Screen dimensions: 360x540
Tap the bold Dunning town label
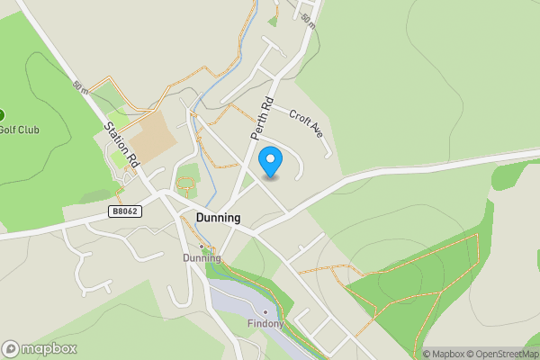pyautogui.click(x=218, y=218)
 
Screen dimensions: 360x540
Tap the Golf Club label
pyautogui.click(x=20, y=130)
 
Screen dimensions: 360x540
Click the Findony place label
pyautogui.click(x=265, y=324)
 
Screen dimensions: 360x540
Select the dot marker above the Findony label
pyautogui.click(x=265, y=311)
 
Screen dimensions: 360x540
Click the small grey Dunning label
pyautogui.click(x=202, y=257)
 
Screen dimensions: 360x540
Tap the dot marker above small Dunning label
pyautogui.click(x=202, y=246)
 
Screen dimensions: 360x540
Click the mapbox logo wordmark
pyautogui.click(x=40, y=348)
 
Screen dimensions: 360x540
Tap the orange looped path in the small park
pyautogui.click(x=186, y=187)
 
